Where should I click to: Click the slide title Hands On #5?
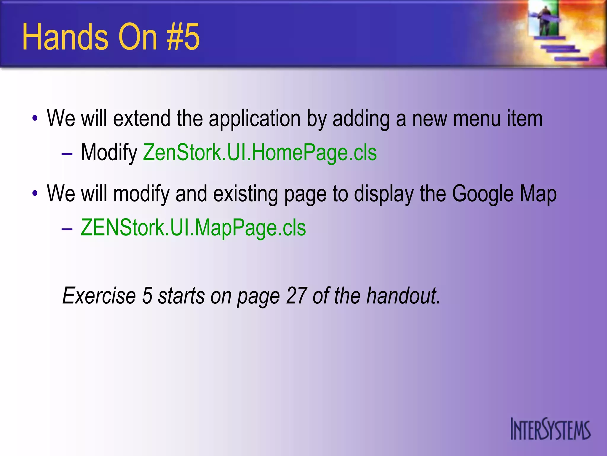click(x=111, y=37)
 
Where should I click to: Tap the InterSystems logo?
click(x=550, y=429)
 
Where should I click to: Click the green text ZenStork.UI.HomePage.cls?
click(x=260, y=153)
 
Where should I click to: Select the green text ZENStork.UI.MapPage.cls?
click(x=193, y=228)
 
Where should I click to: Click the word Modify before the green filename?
click(x=109, y=153)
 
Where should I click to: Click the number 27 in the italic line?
click(x=296, y=296)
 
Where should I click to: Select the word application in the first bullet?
click(x=255, y=119)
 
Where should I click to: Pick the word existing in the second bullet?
click(x=245, y=194)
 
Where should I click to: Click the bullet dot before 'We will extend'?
click(x=35, y=119)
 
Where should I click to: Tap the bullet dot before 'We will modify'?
click(x=35, y=194)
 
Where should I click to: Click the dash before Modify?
click(x=67, y=154)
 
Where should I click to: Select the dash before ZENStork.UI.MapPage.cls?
click(x=67, y=229)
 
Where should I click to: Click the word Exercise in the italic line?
click(x=99, y=296)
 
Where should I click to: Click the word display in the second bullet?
click(x=384, y=194)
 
